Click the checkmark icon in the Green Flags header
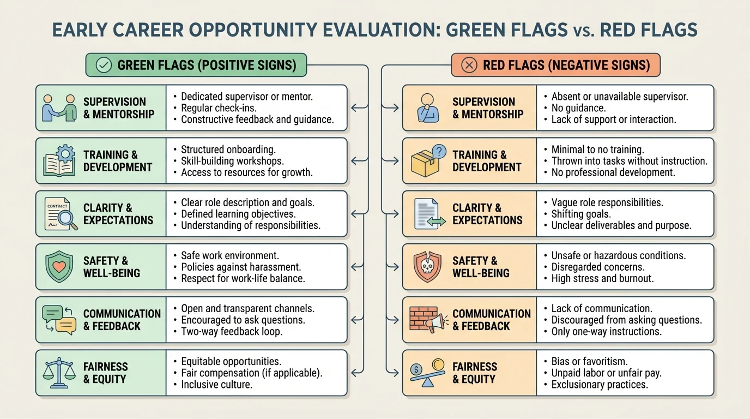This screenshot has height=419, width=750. click(x=104, y=65)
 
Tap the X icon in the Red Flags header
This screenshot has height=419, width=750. click(x=469, y=65)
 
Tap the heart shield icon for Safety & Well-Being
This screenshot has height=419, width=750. click(x=59, y=267)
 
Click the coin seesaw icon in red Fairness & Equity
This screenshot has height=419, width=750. click(x=427, y=373)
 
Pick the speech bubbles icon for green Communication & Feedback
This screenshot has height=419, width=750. click(x=59, y=320)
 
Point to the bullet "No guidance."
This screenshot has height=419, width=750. click(x=578, y=108)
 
